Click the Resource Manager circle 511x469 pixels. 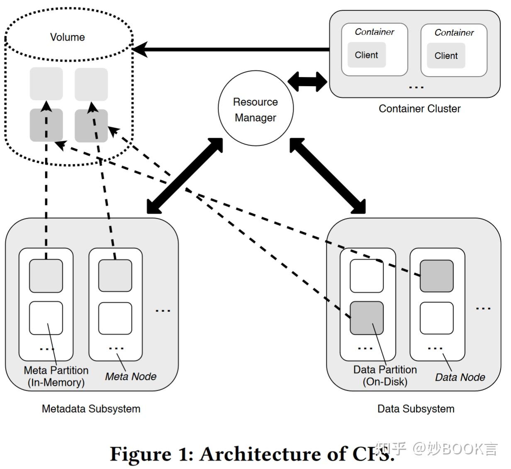pos(255,109)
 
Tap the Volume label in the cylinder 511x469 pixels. pos(67,37)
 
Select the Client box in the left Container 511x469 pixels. pos(366,55)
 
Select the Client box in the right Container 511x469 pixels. pos(446,56)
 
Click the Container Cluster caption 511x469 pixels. pos(419,109)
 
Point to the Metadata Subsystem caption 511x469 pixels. pos(91,409)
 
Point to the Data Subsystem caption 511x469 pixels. pos(416,409)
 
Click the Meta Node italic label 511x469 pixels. pos(131,377)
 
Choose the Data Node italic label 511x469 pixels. pos(460,377)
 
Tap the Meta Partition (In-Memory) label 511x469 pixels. pos(56,376)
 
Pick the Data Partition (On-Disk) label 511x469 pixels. pos(385,376)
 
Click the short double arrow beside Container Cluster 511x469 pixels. pos(307,82)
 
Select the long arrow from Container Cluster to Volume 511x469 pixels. pos(232,49)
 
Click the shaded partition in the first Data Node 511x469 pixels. pos(367,318)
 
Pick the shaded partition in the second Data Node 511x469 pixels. pos(436,276)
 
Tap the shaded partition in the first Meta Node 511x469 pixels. pos(46,276)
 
